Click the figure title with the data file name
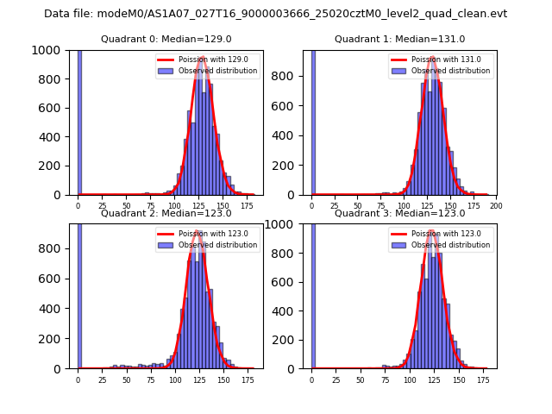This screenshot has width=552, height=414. [x=275, y=14]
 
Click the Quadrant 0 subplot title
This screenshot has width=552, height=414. [x=166, y=39]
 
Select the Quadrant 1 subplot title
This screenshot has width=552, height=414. [x=399, y=39]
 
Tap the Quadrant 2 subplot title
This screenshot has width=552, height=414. [x=166, y=213]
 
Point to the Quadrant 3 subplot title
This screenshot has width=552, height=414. [x=399, y=213]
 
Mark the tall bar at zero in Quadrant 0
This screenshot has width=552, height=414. [x=79, y=121]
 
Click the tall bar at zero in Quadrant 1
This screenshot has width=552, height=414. [x=313, y=121]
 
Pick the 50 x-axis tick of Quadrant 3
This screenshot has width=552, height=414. [x=361, y=379]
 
